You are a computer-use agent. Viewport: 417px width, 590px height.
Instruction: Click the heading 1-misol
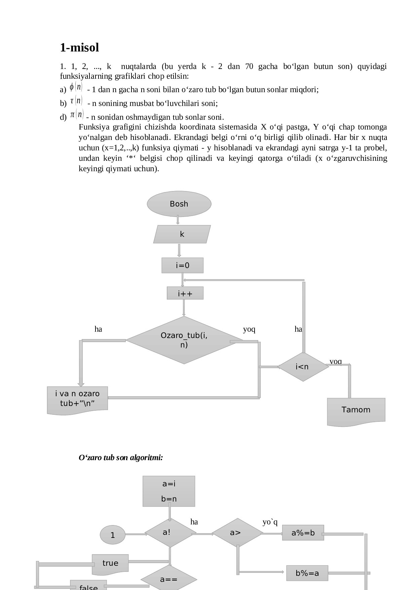coord(79,48)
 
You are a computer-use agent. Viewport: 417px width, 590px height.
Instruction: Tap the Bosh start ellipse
coord(179,204)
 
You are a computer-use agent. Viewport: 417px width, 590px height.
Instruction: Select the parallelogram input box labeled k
coord(182,234)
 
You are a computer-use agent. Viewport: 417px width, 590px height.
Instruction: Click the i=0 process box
coord(182,265)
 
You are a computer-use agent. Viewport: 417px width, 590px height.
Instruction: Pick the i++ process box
coord(185,294)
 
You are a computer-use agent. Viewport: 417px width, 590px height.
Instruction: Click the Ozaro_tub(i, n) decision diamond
coord(184,340)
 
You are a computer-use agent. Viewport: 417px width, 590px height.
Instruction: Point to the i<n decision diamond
coord(303,367)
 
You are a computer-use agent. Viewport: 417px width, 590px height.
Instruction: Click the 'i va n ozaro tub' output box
coord(77,399)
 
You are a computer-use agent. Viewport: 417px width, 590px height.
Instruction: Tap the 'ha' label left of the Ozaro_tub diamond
coord(98,329)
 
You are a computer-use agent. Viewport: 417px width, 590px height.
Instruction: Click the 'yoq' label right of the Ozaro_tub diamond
coord(249,329)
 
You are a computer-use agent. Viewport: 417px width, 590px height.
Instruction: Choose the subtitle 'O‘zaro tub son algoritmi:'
coord(121,457)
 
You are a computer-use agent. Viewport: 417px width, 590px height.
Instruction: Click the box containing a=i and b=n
coord(169,491)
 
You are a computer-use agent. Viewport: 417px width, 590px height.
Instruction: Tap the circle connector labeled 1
coord(113,535)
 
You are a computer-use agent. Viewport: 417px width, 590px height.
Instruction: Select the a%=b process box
coord(303,533)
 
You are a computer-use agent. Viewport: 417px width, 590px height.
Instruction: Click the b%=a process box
coord(307,573)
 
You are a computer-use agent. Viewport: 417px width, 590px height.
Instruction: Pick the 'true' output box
coord(110,563)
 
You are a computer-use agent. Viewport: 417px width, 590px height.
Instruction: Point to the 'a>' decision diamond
coord(237,533)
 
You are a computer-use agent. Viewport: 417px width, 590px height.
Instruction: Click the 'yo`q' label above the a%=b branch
coord(270,522)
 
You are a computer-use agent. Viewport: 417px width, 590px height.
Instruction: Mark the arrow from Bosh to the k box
coord(178,220)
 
